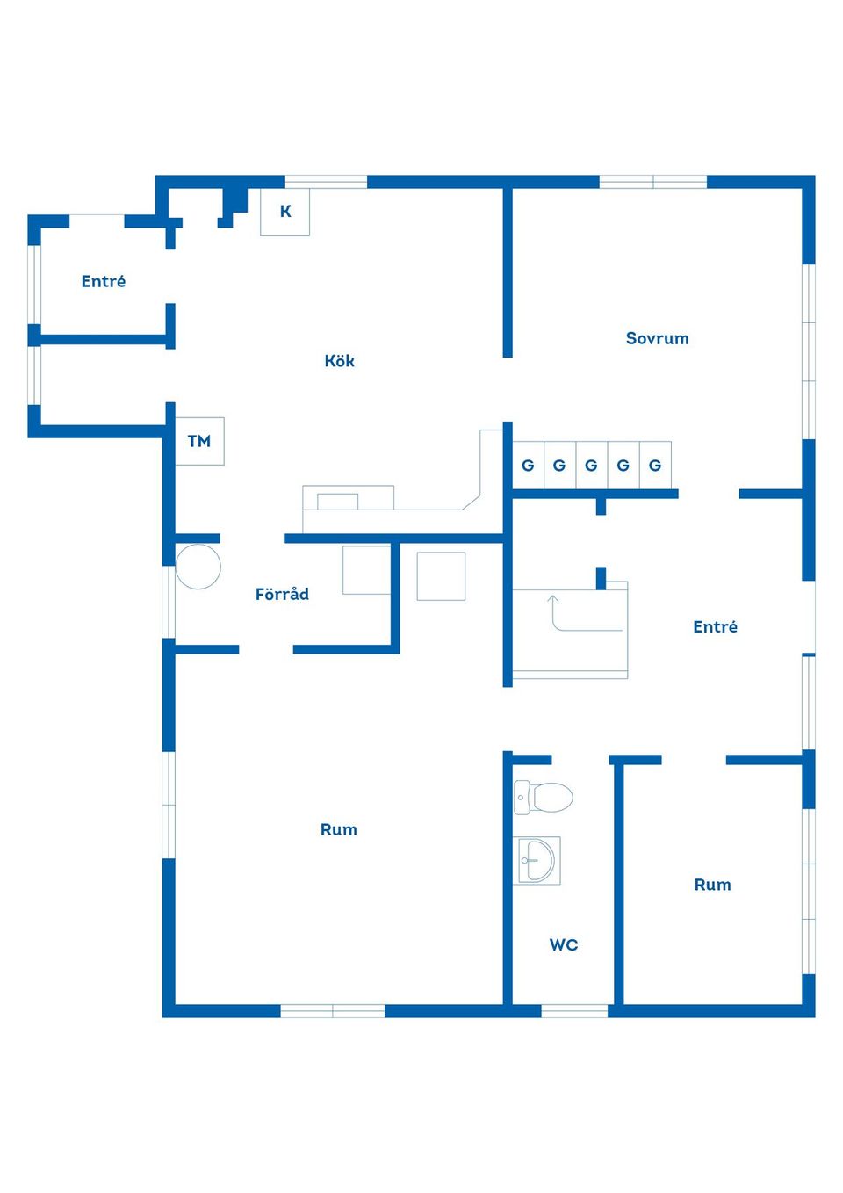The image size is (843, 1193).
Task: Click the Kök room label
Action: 339,360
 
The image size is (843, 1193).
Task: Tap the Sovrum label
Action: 657,338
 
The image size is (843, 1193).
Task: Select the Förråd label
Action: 282,593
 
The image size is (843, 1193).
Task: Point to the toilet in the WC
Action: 543,798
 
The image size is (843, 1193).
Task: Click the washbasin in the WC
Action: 537,861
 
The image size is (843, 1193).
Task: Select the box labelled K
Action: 285,212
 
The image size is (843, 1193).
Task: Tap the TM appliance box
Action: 199,441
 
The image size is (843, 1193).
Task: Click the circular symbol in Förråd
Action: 198,567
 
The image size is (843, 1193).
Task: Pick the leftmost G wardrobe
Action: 529,465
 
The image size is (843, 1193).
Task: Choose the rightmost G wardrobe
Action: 655,465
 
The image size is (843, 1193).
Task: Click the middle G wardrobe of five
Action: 592,465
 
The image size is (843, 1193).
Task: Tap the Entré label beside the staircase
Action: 716,626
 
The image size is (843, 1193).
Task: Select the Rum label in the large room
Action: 338,829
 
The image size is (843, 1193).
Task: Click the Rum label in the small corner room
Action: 713,885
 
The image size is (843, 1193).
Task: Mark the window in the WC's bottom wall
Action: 575,1010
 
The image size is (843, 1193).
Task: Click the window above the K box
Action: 326,182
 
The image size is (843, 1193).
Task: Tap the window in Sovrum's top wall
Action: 653,182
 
